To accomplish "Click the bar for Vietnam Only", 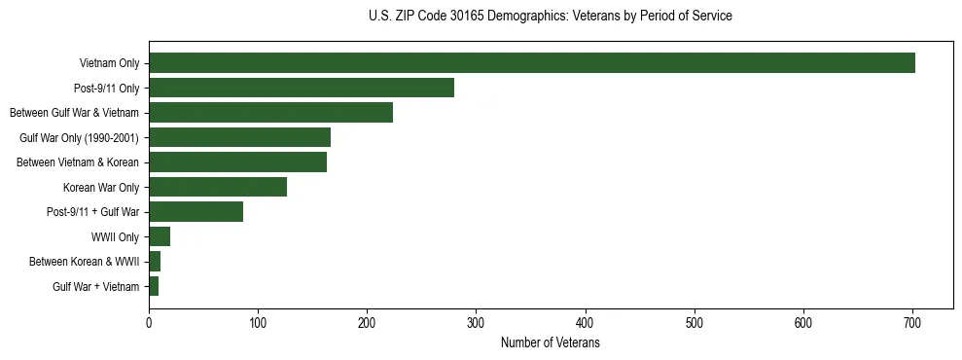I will coord(531,63).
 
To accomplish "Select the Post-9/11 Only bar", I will coord(302,88).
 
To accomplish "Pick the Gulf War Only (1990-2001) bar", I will coord(239,137).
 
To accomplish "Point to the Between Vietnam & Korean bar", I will coord(237,162).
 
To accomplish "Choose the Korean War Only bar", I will coord(218,187).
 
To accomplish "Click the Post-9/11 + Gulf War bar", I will coord(196,212).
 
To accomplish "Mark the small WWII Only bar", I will coord(160,236).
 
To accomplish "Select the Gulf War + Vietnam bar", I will coord(154,286).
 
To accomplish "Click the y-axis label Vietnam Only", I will coord(109,64).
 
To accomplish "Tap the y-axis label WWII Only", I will coord(115,237).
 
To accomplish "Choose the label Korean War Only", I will coord(101,188).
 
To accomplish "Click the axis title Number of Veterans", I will coord(550,343).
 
